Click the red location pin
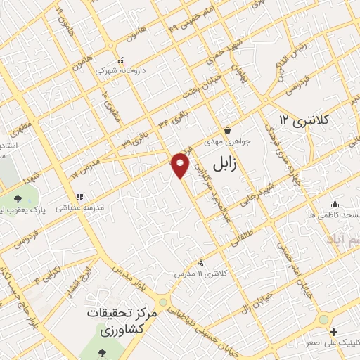(x=181, y=165)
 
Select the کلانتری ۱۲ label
(x=304, y=120)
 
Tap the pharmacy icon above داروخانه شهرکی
(x=120, y=60)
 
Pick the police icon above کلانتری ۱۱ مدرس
(x=202, y=262)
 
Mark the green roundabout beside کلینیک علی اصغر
(x=323, y=319)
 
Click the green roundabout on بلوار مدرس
(x=163, y=302)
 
